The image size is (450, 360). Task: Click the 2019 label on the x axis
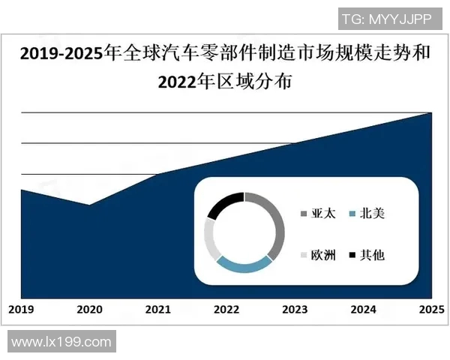(21, 309)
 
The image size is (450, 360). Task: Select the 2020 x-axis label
(89, 309)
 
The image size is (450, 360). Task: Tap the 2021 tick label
(157, 309)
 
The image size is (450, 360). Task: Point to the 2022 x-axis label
(226, 309)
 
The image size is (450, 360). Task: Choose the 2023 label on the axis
(295, 309)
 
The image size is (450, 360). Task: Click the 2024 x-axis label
(363, 309)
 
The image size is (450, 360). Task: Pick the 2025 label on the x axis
(430, 309)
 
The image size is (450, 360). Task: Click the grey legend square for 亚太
(303, 214)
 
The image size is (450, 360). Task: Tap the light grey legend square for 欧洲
(303, 256)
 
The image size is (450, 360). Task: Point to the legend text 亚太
(323, 214)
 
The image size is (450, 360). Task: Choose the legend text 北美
(373, 214)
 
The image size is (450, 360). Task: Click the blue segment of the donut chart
(242, 264)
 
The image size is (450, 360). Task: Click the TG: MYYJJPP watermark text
(386, 19)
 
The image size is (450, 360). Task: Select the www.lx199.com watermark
(61, 342)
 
